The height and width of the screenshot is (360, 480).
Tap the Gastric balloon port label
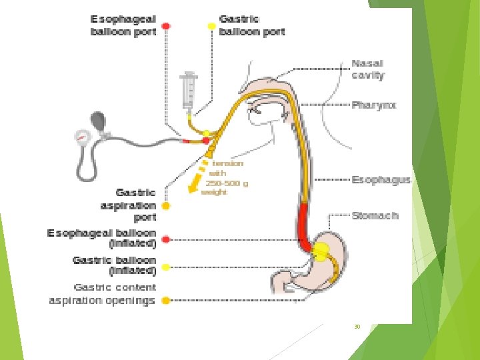[251, 25]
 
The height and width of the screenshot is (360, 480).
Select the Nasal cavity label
[367, 69]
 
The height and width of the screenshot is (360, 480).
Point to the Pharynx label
[374, 105]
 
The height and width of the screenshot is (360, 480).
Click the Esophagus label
[381, 180]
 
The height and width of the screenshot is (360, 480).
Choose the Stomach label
[375, 215]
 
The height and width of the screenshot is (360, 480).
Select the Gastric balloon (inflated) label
[114, 265]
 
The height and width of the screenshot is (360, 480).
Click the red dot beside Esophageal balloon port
[166, 27]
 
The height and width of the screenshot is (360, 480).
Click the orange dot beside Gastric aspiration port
[166, 206]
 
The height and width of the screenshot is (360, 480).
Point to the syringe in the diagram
[188, 89]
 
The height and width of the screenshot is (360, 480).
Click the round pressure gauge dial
[82, 136]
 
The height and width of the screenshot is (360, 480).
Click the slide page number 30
[357, 327]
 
